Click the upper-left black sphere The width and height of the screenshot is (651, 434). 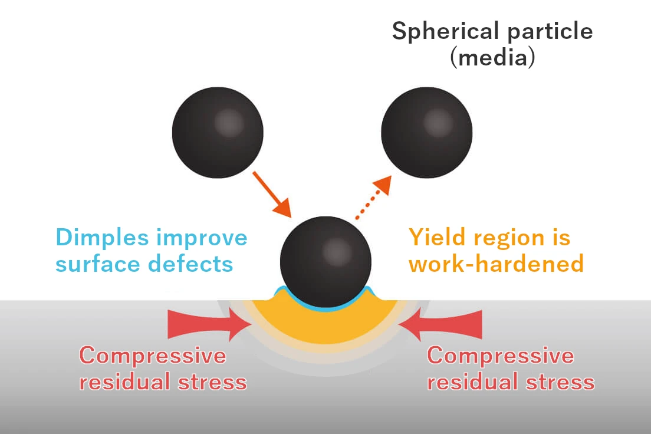click(218, 133)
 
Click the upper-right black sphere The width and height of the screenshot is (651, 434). click(427, 133)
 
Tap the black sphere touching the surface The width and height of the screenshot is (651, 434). click(326, 262)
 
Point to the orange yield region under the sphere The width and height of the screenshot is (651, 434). click(326, 328)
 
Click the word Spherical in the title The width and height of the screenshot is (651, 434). click(445, 32)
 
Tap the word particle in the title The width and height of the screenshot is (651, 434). click(550, 32)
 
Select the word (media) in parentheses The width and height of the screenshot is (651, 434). click(493, 57)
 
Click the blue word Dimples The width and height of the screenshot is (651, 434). click(102, 238)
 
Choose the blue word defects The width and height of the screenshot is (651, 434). click(190, 264)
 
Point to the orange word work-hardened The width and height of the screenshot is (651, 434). click(497, 264)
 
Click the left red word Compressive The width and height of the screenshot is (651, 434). click(153, 356)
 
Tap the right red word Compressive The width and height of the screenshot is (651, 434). click(501, 356)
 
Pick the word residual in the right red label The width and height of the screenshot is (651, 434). click(473, 382)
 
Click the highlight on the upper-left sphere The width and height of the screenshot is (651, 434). click(229, 123)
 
